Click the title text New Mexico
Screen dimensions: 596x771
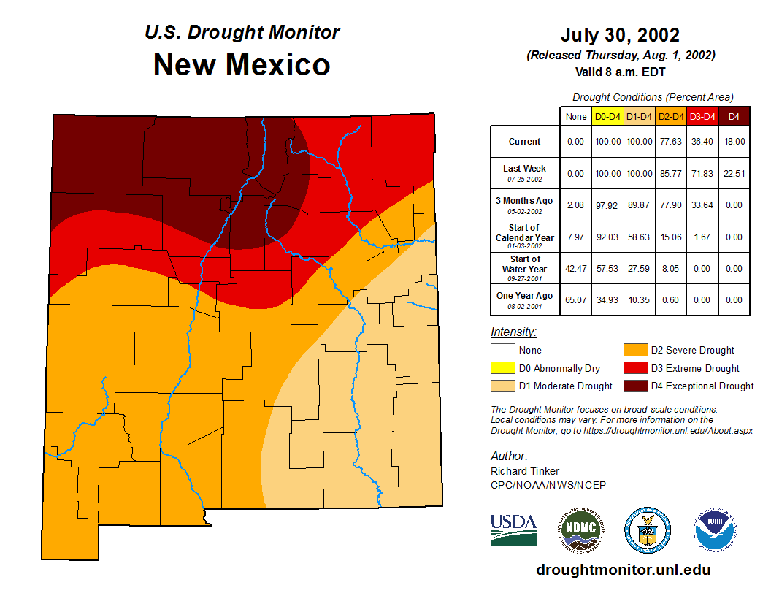tap(242, 65)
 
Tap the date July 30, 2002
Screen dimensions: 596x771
tap(620, 35)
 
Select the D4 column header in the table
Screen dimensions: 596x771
tap(734, 116)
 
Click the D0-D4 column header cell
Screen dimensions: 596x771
tap(607, 116)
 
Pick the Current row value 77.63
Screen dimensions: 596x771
tap(670, 142)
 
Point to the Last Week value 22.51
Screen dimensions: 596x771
tap(734, 173)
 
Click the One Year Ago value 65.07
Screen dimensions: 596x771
tap(576, 299)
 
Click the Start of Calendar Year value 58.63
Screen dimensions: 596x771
tap(639, 237)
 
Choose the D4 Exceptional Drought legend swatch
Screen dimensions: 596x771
tap(634, 386)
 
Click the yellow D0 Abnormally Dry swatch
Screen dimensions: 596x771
tap(503, 368)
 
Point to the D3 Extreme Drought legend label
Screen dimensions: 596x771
tap(695, 368)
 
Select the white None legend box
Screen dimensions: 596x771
tap(503, 351)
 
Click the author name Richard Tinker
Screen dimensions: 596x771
tap(525, 471)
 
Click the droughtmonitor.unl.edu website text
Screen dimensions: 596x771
tap(623, 570)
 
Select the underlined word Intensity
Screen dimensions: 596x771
tap(513, 332)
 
